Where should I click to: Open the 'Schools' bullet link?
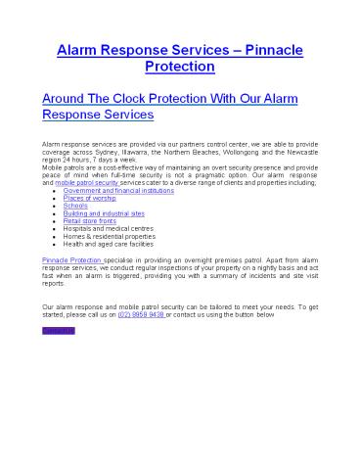pos(75,206)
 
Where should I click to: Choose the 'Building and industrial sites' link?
pos(106,213)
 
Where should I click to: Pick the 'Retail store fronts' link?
pos(91,221)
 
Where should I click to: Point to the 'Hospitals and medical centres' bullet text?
pos(108,229)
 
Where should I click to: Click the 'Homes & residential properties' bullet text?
pos(110,237)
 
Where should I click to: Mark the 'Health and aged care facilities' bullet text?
pos(109,245)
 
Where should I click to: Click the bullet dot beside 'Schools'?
pos(53,206)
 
